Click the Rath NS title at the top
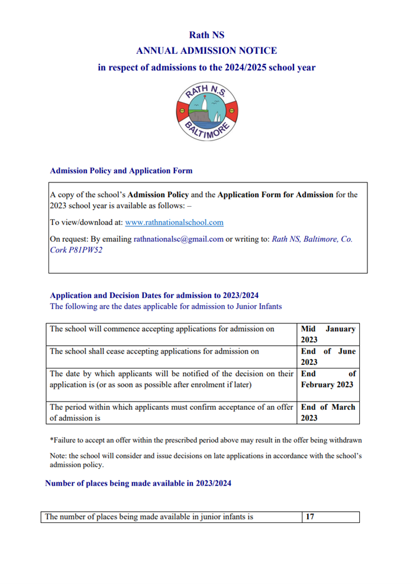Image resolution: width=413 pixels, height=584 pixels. [206, 35]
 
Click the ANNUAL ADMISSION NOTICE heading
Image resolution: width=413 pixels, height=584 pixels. [206, 51]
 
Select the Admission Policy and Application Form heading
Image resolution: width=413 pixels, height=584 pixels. [121, 171]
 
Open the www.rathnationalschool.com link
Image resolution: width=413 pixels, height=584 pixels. [174, 222]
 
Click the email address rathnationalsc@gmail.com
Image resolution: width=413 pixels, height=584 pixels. [179, 239]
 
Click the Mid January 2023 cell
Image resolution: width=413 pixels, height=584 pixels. [328, 334]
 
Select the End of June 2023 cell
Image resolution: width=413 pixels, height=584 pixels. [328, 357]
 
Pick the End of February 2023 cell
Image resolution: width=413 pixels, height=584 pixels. [328, 379]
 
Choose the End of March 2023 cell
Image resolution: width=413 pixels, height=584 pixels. [328, 412]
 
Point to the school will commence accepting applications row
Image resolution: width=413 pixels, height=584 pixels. [162, 329]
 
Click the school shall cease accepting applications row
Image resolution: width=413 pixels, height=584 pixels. [154, 351]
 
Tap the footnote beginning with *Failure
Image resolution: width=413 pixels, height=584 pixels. [205, 440]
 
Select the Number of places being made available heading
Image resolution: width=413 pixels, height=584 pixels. [138, 483]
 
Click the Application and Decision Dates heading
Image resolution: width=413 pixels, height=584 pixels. [154, 295]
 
